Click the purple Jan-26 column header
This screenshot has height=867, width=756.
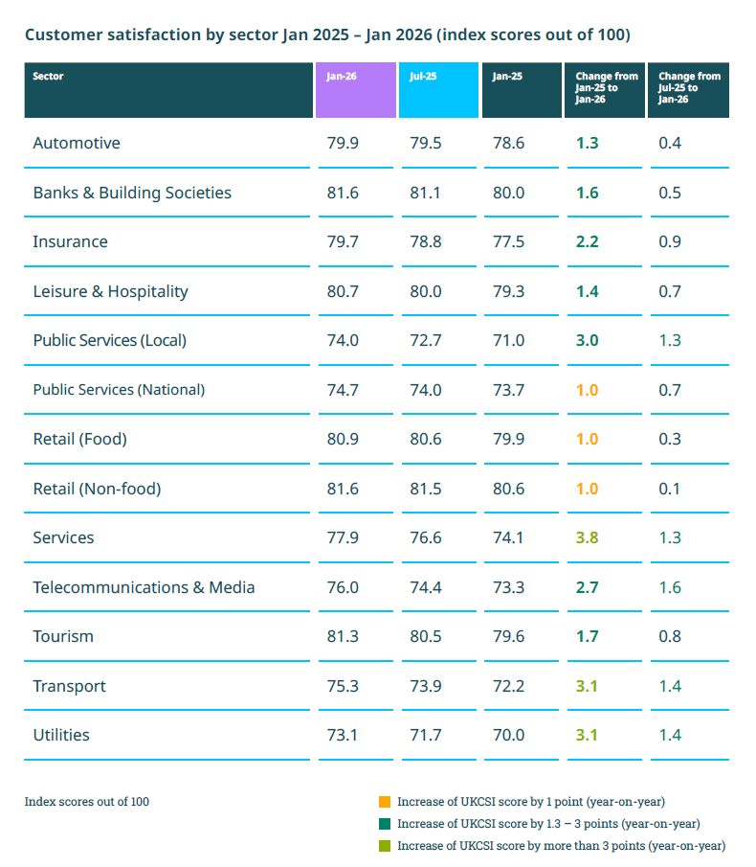(x=355, y=89)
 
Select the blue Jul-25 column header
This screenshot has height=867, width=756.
(x=438, y=89)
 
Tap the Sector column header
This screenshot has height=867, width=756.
(x=168, y=89)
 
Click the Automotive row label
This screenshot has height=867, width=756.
(x=77, y=144)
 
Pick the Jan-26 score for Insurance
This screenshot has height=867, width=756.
(x=343, y=242)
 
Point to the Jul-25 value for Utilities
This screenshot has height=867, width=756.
(x=426, y=736)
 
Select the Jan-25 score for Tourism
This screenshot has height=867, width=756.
(x=508, y=637)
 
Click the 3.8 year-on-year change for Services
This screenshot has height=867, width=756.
(x=587, y=538)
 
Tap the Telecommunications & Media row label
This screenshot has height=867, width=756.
(x=144, y=587)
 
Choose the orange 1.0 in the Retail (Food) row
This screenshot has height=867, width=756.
(x=587, y=440)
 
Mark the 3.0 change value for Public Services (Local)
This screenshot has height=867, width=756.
(x=587, y=341)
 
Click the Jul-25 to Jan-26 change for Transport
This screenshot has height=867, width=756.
(x=670, y=686)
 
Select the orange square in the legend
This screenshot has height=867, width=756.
(x=385, y=802)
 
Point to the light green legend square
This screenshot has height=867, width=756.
(x=385, y=846)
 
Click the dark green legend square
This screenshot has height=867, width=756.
(x=385, y=824)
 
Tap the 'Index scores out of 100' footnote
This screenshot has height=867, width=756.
(x=87, y=802)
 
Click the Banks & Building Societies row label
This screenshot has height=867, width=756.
(x=132, y=194)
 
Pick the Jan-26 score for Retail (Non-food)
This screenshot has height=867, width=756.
(x=343, y=489)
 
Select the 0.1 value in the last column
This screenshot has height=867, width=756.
(x=670, y=489)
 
